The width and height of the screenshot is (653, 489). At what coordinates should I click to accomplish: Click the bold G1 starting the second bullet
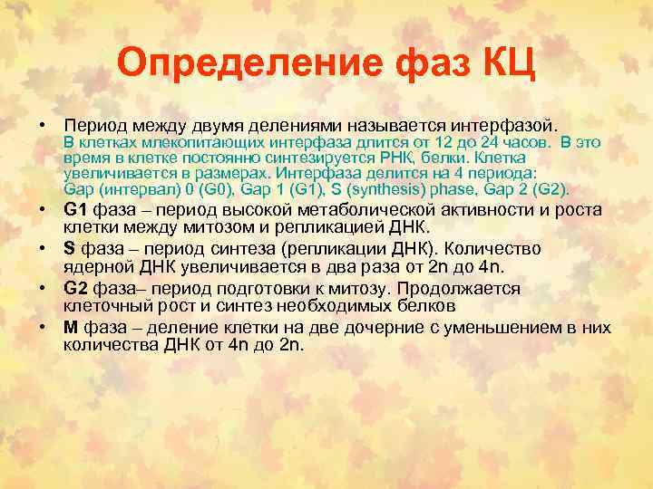pyautogui.click(x=74, y=210)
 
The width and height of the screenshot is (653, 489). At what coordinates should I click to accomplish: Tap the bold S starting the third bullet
pyautogui.click(x=69, y=249)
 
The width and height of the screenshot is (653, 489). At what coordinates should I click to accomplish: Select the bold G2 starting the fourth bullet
pyautogui.click(x=76, y=289)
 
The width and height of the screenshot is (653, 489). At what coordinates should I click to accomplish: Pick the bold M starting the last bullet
pyautogui.click(x=70, y=329)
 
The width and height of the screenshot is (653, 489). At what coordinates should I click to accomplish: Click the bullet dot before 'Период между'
pyautogui.click(x=42, y=124)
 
